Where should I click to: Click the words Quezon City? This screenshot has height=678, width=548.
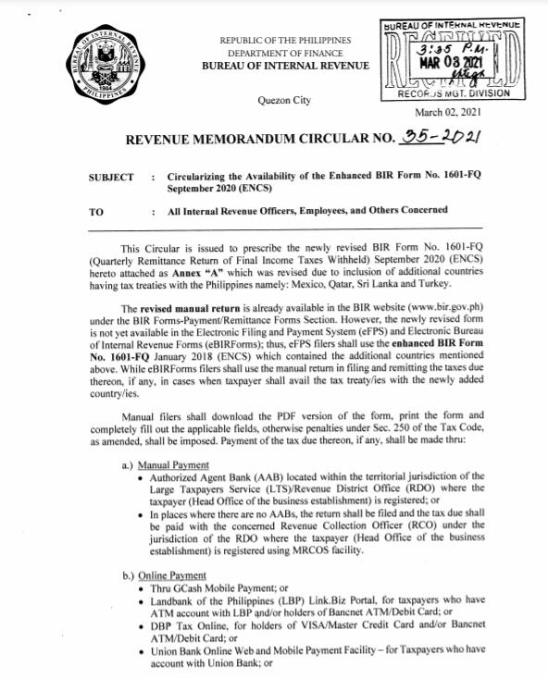(285, 100)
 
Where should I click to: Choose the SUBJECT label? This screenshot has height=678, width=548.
(112, 177)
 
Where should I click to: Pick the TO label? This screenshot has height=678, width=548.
(96, 211)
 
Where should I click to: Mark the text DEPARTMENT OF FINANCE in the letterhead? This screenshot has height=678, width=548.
(285, 54)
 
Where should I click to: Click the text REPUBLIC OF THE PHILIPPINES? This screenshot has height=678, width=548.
(285, 42)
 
